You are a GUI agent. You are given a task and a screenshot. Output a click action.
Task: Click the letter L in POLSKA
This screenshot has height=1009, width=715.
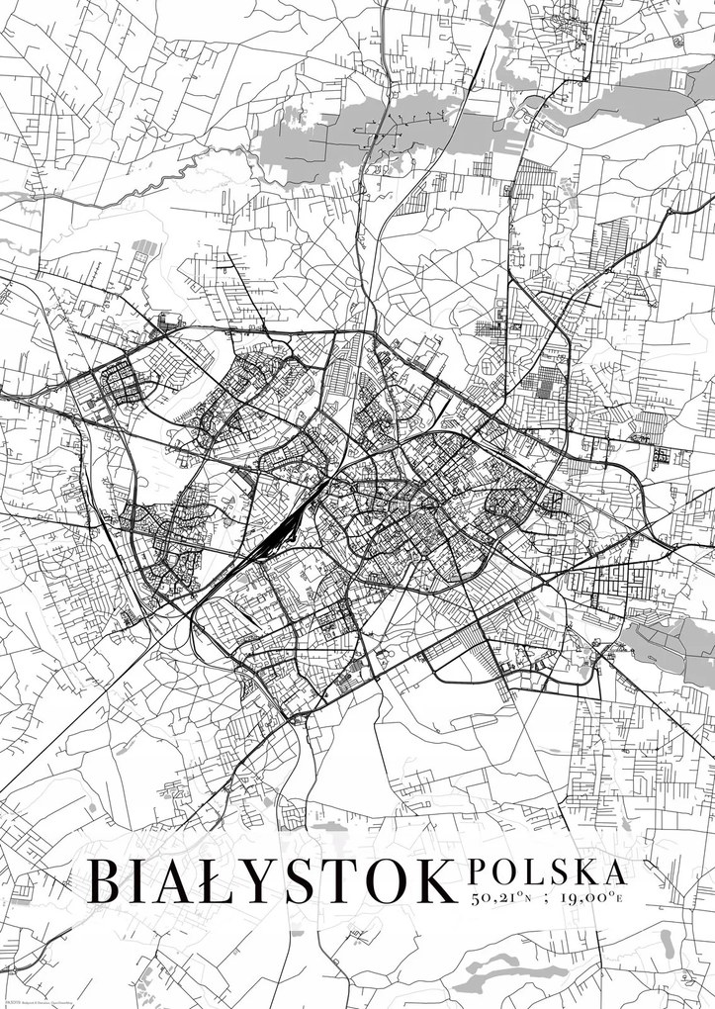coord(529,872)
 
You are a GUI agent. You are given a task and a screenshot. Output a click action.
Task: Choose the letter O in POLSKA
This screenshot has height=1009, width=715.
coord(501,872)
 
